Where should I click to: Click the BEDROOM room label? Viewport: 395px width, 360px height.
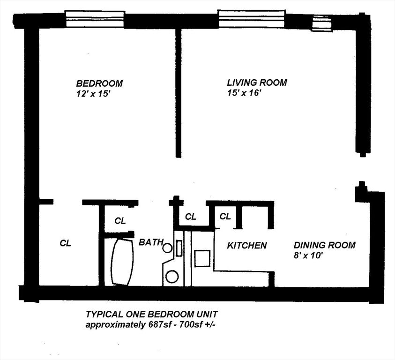click(x=99, y=83)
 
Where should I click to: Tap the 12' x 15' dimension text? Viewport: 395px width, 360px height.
click(x=93, y=94)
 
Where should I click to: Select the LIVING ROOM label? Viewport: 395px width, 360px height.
click(x=257, y=82)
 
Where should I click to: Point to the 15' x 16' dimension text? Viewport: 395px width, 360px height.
click(x=243, y=93)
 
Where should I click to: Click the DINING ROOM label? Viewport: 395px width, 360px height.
click(x=324, y=245)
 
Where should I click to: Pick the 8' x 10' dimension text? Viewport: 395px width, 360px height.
click(x=308, y=255)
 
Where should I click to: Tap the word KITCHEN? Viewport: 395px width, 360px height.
click(x=247, y=245)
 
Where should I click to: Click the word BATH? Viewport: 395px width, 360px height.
click(x=151, y=242)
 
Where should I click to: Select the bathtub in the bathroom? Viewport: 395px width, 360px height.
click(x=122, y=262)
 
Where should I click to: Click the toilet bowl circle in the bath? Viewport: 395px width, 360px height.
click(x=172, y=276)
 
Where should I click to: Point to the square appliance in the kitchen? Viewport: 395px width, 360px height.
click(x=202, y=258)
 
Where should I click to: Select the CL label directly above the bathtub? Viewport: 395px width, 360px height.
click(x=120, y=221)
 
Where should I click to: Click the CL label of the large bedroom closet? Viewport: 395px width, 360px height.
click(x=66, y=243)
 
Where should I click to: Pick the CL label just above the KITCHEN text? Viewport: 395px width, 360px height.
click(x=225, y=216)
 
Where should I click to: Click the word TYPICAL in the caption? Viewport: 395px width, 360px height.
click(x=103, y=315)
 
